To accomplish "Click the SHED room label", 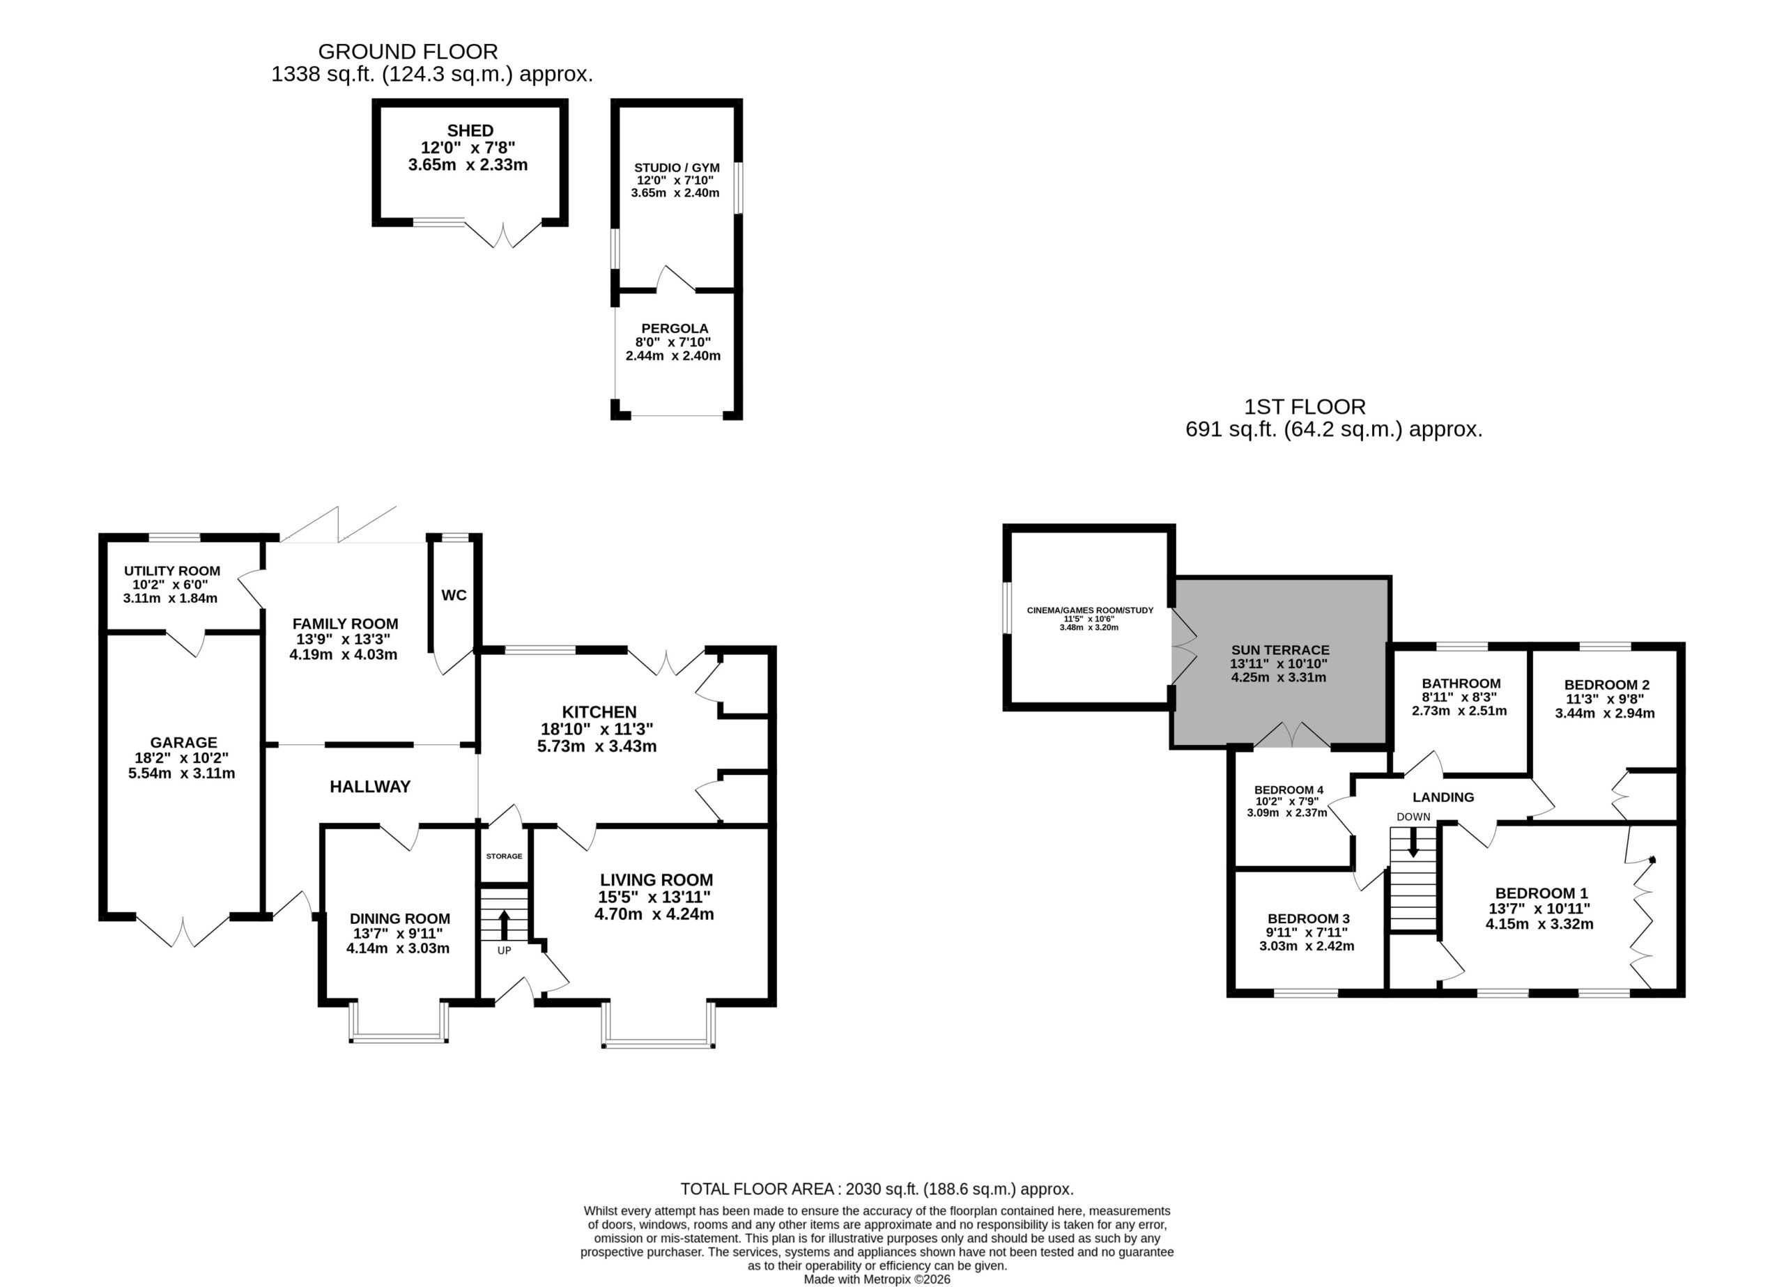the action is click(470, 130).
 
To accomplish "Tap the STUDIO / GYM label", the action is click(677, 167).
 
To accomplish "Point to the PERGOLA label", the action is click(675, 328).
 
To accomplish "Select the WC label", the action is click(454, 596).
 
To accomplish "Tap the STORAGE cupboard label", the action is click(505, 856).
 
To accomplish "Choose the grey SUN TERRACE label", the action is click(1281, 650).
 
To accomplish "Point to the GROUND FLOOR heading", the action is click(408, 52).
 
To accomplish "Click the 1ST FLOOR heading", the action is click(1305, 407).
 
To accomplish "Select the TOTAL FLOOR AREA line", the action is click(877, 1189).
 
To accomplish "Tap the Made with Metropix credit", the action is click(877, 1279).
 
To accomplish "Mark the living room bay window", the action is click(659, 1024).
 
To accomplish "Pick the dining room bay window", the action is click(399, 1022).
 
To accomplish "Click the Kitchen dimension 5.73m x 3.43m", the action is click(597, 746).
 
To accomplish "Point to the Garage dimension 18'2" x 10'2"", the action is click(182, 758).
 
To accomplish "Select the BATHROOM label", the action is click(1461, 684).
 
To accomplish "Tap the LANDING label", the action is click(1443, 797).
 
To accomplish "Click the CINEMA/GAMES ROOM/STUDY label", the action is click(1090, 610).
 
